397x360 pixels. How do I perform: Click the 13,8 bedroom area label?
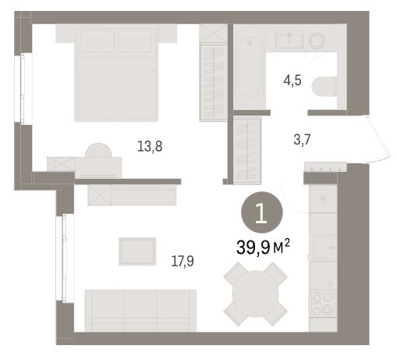tap(150, 146)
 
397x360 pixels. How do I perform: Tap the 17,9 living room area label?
tap(183, 261)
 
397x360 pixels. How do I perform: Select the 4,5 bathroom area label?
tap(292, 80)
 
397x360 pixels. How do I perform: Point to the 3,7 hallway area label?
tap(302, 140)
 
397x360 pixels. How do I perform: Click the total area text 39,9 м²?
tap(263, 248)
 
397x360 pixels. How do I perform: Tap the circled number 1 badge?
tap(262, 212)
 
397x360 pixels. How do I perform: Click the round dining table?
tap(255, 294)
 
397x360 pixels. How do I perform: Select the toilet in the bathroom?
tap(324, 87)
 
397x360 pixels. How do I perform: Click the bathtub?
tap(249, 67)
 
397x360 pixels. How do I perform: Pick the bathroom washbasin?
tap(289, 40)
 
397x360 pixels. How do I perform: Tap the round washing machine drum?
tap(317, 41)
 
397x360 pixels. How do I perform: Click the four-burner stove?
tap(323, 304)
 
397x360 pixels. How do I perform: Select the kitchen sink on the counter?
tap(323, 247)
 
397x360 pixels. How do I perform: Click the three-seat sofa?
tap(140, 310)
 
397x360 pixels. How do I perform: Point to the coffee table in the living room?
tap(137, 251)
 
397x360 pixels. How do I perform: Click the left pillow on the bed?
tap(97, 41)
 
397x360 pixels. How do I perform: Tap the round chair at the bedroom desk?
tap(98, 150)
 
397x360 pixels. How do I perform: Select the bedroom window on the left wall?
tap(23, 88)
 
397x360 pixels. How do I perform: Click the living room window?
tap(66, 258)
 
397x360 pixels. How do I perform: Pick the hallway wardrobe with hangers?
tap(247, 151)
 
